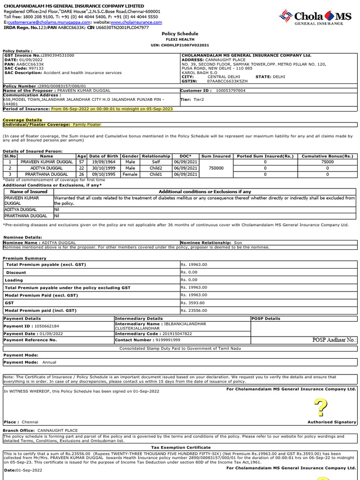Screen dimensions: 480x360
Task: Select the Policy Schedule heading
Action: click(x=180, y=34)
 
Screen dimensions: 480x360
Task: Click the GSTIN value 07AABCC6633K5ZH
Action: click(x=227, y=81)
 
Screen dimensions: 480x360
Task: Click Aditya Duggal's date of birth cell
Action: click(x=104, y=168)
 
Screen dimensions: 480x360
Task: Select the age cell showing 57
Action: click(x=82, y=162)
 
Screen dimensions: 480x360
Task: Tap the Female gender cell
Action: click(x=130, y=174)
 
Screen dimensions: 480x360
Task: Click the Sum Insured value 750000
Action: click(x=216, y=168)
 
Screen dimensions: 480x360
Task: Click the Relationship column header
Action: click(x=156, y=156)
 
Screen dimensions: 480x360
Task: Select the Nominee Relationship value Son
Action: click(x=239, y=243)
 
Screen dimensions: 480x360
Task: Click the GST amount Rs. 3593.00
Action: click(x=194, y=303)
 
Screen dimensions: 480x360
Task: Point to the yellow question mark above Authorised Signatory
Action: click(x=320, y=407)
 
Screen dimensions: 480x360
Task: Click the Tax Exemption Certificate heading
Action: click(x=180, y=448)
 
